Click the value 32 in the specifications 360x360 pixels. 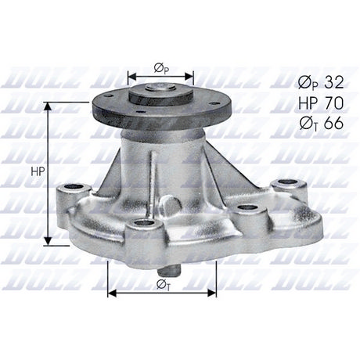click(333, 83)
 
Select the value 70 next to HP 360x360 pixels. click(333, 103)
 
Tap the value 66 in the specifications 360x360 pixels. click(333, 124)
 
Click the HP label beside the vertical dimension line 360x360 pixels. click(38, 171)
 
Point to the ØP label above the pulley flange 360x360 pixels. click(161, 69)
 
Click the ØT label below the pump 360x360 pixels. click(164, 285)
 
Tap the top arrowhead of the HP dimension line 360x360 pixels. click(48, 106)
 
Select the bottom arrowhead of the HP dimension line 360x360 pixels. click(48, 241)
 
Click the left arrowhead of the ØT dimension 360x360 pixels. click(112, 293)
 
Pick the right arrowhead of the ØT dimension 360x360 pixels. click(211, 293)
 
